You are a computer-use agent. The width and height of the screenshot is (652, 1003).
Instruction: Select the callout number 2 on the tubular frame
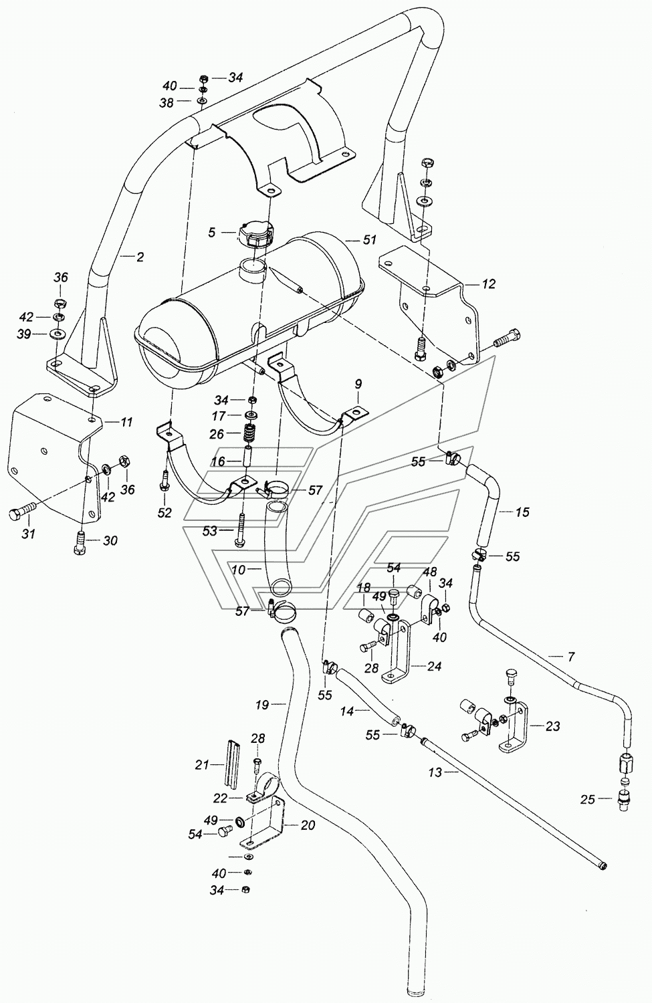[x=140, y=256]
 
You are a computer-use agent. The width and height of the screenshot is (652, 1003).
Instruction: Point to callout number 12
[x=489, y=284]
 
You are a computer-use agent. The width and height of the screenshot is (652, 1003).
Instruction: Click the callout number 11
[x=126, y=422]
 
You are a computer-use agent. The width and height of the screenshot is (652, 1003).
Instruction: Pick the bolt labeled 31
[x=17, y=516]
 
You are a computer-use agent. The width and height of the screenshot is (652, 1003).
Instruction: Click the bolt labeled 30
[x=79, y=540]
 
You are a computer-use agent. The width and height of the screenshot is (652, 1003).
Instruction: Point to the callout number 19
[x=262, y=704]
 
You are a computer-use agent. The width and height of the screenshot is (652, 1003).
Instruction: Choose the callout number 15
[x=522, y=512]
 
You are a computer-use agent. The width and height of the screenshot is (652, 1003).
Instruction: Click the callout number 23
[x=552, y=726]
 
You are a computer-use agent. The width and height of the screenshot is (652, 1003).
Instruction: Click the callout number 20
[x=307, y=826]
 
